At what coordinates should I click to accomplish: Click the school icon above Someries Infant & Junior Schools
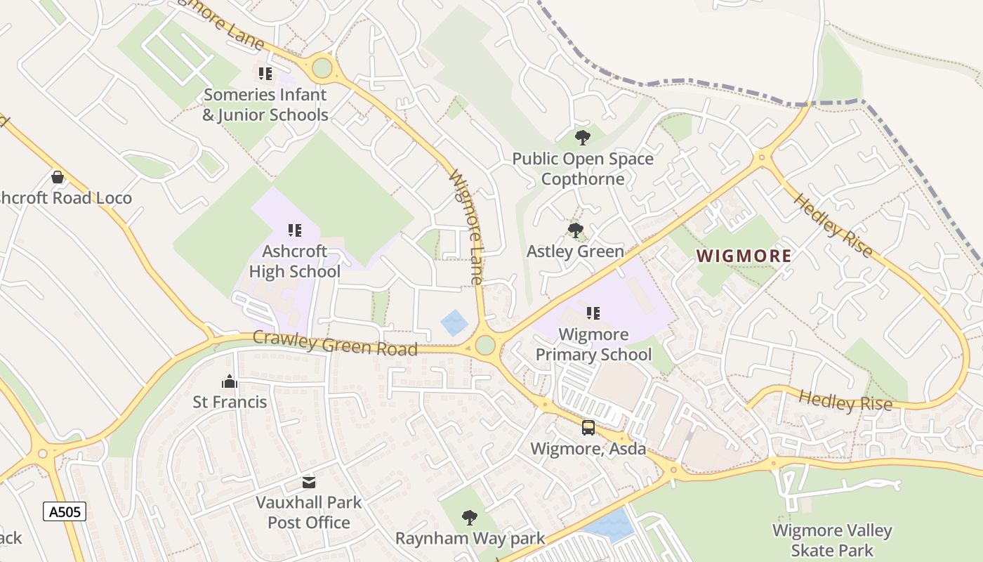(265, 73)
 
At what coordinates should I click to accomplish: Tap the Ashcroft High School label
(295, 261)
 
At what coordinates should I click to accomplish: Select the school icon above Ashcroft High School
(295, 230)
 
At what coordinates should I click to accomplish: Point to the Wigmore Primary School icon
(593, 313)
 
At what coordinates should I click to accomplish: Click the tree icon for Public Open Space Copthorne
(582, 137)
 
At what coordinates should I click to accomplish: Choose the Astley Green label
(575, 251)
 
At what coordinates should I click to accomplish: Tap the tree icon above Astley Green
(576, 230)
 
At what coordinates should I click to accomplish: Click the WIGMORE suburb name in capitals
(744, 256)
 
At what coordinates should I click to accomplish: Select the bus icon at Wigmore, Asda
(588, 427)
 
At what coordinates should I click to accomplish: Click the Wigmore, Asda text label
(588, 449)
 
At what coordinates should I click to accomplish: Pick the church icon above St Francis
(230, 381)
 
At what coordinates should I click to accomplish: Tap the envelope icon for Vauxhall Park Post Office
(309, 482)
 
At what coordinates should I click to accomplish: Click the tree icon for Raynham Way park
(470, 518)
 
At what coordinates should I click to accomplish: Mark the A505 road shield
(65, 511)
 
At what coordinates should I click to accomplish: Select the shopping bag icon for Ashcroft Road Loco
(58, 176)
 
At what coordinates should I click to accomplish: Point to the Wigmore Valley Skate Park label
(832, 540)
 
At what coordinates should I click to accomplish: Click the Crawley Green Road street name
(335, 343)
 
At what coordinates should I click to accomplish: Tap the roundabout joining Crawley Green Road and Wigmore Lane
(484, 345)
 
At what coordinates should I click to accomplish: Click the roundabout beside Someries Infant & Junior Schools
(322, 68)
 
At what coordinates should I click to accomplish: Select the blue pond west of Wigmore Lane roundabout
(454, 322)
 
